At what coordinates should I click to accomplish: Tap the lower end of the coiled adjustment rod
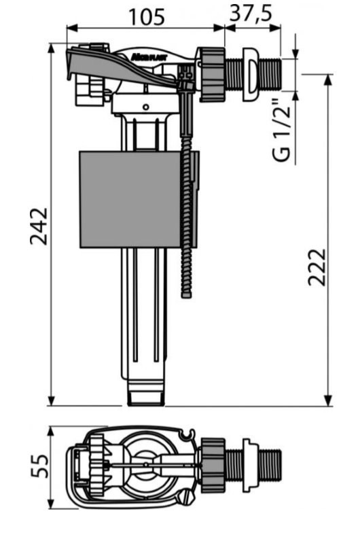pyautogui.click(x=186, y=292)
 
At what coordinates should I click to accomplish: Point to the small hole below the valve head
pyautogui.click(x=145, y=107)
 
